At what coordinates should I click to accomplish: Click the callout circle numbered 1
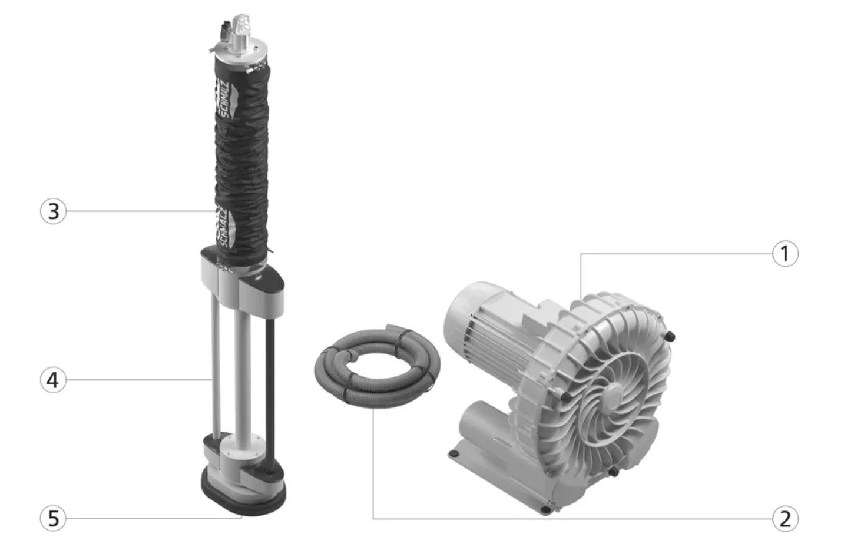(x=785, y=254)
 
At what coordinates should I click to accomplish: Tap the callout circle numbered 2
(x=785, y=519)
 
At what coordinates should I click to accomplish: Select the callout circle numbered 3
(x=53, y=211)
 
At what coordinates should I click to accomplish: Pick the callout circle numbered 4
(x=53, y=380)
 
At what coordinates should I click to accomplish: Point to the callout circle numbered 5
(x=53, y=518)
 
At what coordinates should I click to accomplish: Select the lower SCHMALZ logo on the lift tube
(x=226, y=227)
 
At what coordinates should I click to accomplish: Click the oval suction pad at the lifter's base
(x=244, y=496)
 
